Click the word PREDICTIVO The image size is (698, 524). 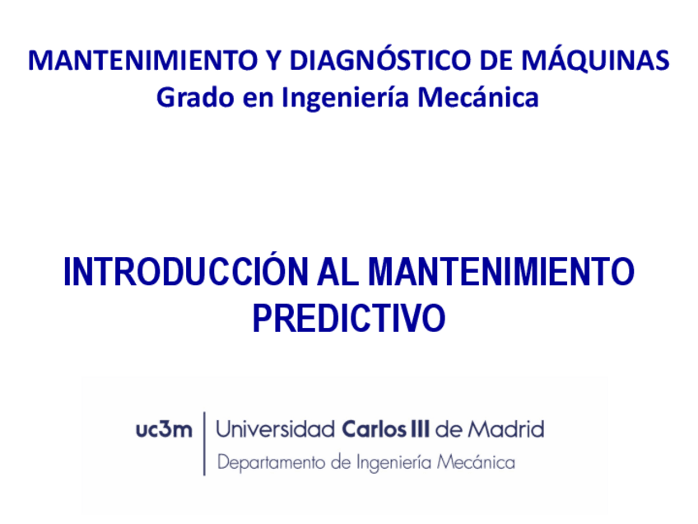[x=349, y=319]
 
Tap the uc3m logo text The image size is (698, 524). [x=165, y=429]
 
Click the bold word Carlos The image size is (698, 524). [x=373, y=429]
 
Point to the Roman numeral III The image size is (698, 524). [x=420, y=429]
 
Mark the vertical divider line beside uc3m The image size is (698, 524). [x=204, y=444]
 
